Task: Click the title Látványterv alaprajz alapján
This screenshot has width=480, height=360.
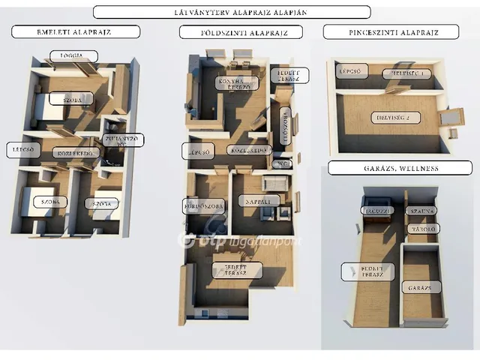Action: tap(232, 12)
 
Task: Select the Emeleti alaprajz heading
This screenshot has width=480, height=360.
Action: tap(76, 31)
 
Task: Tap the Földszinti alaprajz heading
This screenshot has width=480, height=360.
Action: tap(240, 31)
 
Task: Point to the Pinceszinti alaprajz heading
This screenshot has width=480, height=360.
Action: tap(391, 31)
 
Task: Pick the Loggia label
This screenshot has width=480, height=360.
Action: tap(70, 56)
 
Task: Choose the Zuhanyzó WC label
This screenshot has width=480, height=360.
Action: tap(124, 139)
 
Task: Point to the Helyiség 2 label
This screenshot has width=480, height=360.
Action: tap(396, 117)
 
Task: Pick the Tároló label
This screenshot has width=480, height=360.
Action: tap(422, 228)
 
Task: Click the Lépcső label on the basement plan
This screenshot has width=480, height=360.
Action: tap(351, 72)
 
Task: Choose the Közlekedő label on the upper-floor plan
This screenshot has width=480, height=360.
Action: tap(76, 153)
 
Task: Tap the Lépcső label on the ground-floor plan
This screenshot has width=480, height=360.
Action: tap(199, 151)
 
